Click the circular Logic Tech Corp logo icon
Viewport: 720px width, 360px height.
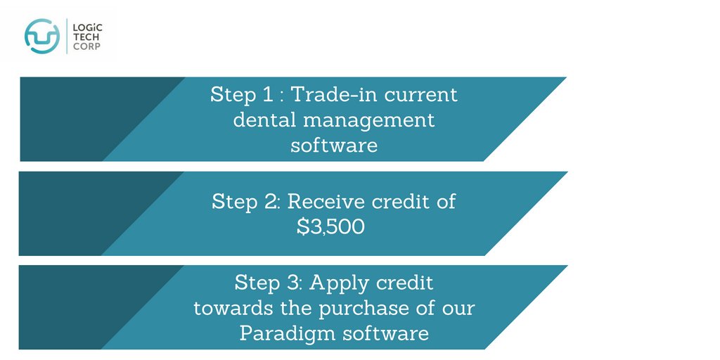coord(42,36)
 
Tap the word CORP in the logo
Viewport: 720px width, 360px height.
coord(84,48)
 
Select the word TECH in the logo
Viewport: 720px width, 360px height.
coord(84,37)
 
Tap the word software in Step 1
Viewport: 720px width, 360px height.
coord(334,146)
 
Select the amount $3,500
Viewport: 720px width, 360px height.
coord(331,227)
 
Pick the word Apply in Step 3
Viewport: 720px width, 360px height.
coord(340,283)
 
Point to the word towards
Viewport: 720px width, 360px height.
coord(231,308)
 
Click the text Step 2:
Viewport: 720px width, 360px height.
coord(246,202)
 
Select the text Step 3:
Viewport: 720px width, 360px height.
coord(269,283)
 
